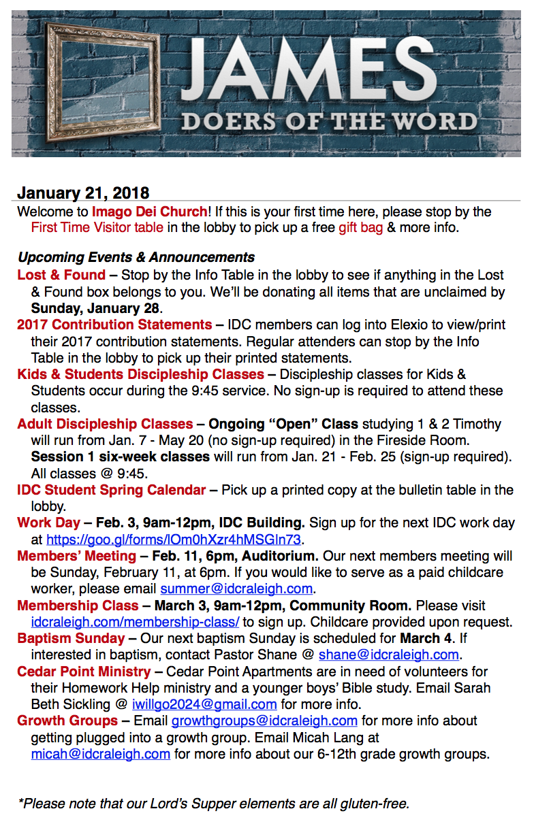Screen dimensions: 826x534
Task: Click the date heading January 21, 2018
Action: (83, 193)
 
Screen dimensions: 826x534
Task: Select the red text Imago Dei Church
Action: (149, 212)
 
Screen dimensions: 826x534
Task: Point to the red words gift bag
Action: (361, 227)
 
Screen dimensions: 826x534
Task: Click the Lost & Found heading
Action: (61, 275)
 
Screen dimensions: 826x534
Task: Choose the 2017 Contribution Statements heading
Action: (114, 325)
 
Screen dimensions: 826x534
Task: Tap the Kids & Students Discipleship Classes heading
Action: (140, 374)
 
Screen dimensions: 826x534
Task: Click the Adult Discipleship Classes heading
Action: (105, 424)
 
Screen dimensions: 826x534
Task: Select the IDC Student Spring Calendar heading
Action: (111, 490)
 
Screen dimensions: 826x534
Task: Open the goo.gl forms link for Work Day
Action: (174, 540)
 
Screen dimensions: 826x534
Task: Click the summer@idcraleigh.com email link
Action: (236, 589)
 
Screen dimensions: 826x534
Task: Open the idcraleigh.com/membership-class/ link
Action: (135, 622)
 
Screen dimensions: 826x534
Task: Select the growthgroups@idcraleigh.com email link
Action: (264, 721)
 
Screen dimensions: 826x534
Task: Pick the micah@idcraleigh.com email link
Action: (101, 754)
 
